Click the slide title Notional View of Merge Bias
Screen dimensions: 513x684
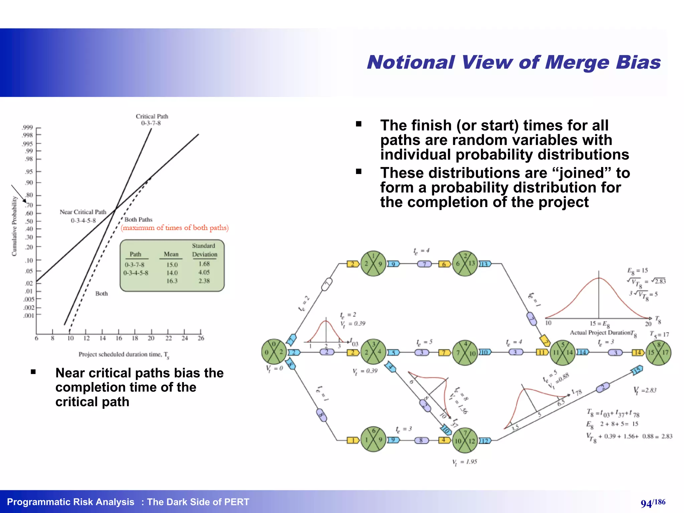click(514, 62)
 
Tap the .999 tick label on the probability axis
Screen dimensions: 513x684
click(28, 128)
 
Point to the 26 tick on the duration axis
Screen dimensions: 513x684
click(201, 338)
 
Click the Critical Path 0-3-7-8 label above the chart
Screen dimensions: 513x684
click(152, 120)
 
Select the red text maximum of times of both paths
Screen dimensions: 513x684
click(175, 228)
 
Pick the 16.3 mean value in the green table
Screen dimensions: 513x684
click(172, 281)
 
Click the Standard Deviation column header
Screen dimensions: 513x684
click(204, 250)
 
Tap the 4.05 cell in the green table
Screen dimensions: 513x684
click(204, 273)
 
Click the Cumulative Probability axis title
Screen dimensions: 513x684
click(14, 226)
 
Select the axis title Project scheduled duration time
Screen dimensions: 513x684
click(124, 354)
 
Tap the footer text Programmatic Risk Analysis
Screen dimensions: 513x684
click(70, 502)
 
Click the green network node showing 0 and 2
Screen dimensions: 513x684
click(274, 352)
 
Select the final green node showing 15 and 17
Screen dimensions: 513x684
click(658, 352)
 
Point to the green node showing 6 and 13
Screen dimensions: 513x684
click(465, 264)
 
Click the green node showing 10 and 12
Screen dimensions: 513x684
click(465, 441)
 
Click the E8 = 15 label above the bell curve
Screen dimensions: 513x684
click(637, 271)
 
